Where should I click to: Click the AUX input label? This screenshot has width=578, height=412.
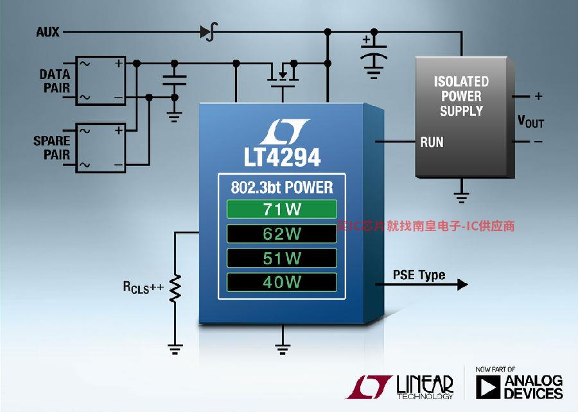48,32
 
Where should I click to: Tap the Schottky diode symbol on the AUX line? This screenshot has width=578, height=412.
208,31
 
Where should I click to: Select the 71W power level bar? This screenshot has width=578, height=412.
282,209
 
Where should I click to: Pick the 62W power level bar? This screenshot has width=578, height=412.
282,234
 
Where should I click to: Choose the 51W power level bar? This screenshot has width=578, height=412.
282,258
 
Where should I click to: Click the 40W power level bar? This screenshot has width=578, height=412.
282,282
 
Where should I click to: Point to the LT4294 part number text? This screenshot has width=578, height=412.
282,158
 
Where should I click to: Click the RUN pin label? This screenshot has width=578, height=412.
432,142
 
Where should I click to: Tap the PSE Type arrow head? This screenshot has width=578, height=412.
462,284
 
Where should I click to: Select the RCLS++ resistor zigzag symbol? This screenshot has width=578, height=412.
175,289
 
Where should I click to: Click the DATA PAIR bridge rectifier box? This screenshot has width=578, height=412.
101,81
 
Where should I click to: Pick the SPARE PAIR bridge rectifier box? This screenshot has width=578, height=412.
101,148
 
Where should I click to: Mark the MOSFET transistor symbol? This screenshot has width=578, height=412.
283,76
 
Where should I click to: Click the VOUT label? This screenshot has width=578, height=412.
531,121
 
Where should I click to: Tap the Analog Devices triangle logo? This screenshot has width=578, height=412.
488,388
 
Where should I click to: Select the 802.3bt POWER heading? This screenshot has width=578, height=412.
282,187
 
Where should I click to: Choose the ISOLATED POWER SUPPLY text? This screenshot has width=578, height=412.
462,96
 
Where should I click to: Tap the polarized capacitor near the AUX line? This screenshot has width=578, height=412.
374,56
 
